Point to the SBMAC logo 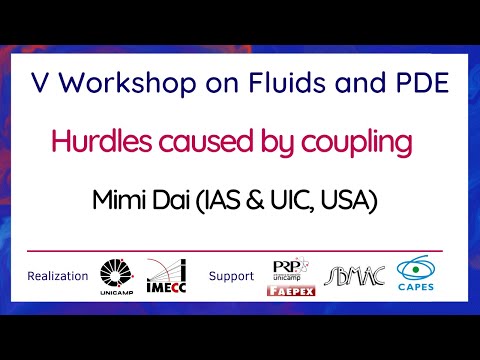pos(350,273)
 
